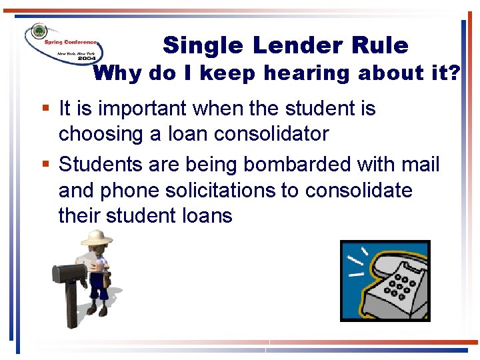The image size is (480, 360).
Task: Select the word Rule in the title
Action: point(379,45)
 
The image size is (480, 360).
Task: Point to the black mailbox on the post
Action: point(71,271)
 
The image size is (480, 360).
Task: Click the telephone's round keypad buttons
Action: point(402,286)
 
